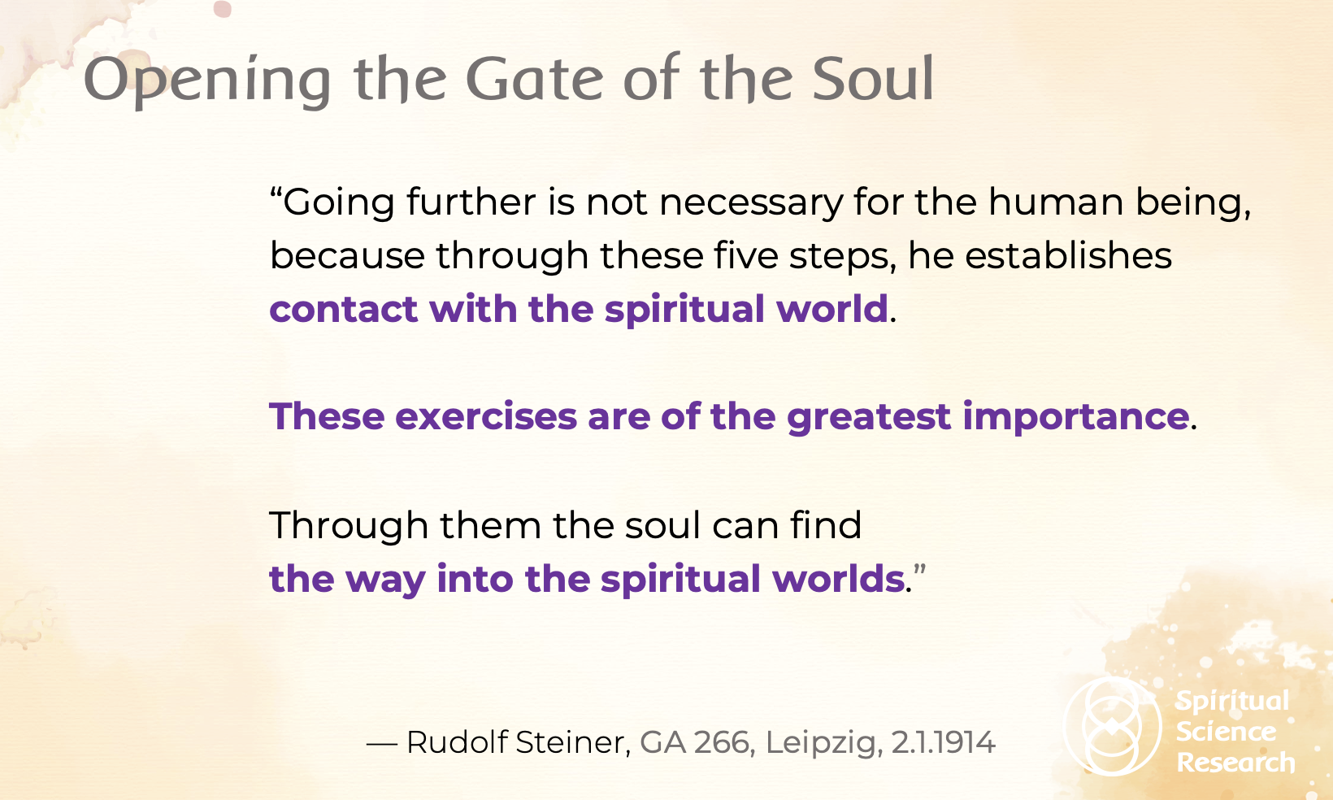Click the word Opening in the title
click(207, 81)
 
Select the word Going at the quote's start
click(338, 203)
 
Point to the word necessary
click(752, 203)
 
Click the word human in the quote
click(1056, 202)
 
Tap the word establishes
click(1068, 255)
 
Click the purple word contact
click(343, 309)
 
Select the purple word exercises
click(485, 416)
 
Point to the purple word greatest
click(869, 417)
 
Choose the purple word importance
click(1076, 417)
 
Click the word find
click(825, 524)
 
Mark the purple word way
click(385, 580)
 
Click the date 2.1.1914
click(943, 742)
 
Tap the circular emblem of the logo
click(1112, 726)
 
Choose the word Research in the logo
click(1235, 763)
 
